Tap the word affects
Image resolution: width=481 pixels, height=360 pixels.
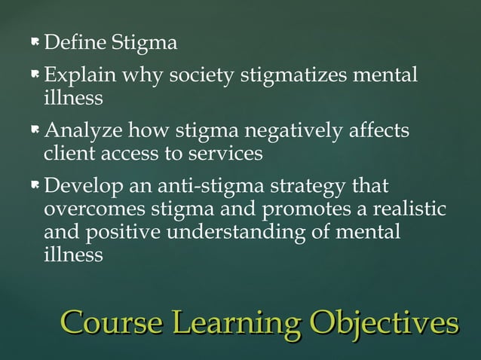click(x=375, y=133)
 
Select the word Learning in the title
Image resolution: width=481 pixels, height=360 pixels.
click(x=240, y=325)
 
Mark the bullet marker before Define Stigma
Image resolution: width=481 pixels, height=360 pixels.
click(x=35, y=43)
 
